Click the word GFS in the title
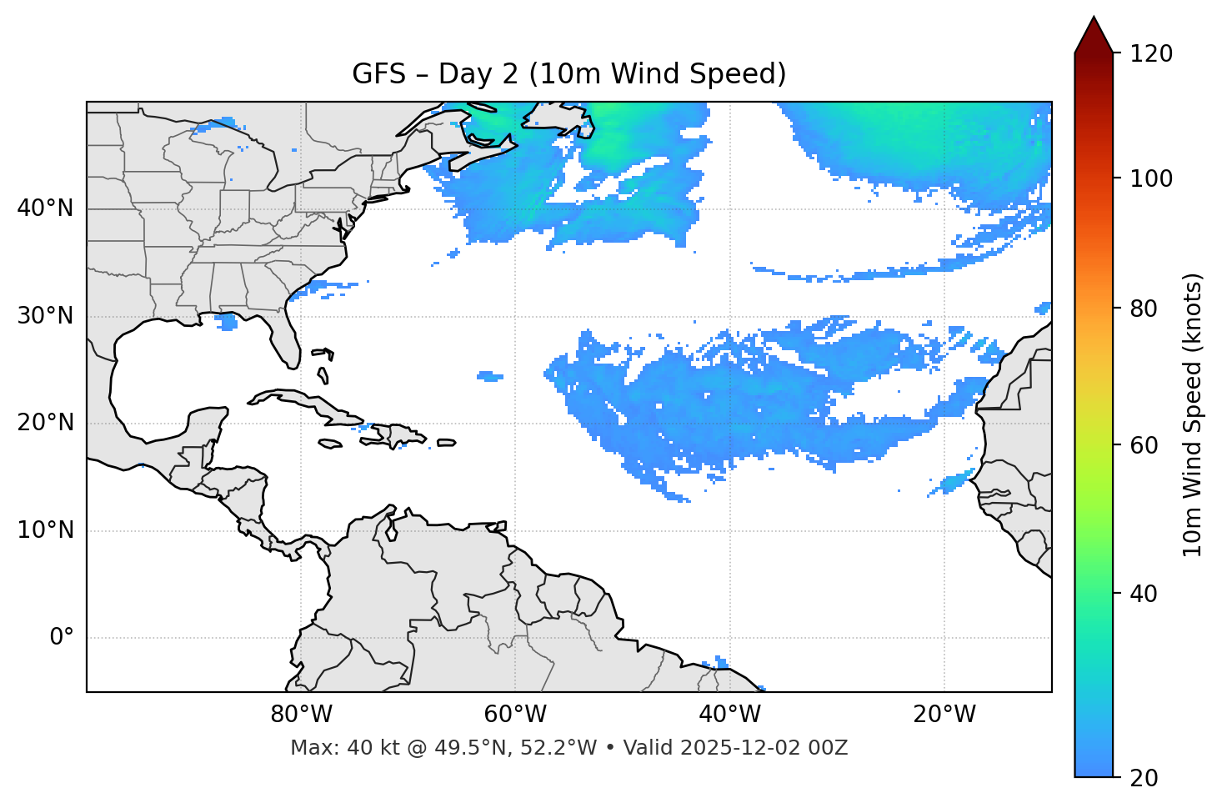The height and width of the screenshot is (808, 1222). click(x=378, y=74)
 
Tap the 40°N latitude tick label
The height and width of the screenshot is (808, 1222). click(x=45, y=208)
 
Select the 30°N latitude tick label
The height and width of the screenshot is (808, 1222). click(x=45, y=316)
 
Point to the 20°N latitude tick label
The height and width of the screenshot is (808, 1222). click(x=45, y=423)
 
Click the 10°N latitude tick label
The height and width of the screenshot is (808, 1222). click(x=45, y=530)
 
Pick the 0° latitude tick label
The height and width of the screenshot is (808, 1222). click(x=62, y=638)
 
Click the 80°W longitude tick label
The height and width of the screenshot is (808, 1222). click(x=301, y=715)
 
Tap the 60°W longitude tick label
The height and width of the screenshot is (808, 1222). click(x=515, y=715)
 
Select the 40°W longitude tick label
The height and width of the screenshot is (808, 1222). click(x=729, y=715)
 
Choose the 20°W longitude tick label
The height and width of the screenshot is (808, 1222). click(x=944, y=715)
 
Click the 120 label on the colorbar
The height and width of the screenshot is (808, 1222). click(x=1151, y=54)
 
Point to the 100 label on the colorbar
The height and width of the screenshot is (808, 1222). click(x=1151, y=178)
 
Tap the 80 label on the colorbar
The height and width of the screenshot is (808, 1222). click(x=1146, y=309)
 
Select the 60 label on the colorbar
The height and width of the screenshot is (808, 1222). click(x=1146, y=445)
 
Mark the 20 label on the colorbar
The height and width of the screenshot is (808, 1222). click(x=1146, y=778)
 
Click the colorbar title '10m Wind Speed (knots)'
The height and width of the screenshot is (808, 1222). click(x=1193, y=415)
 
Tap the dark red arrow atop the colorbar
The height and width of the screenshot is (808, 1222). click(x=1094, y=35)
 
